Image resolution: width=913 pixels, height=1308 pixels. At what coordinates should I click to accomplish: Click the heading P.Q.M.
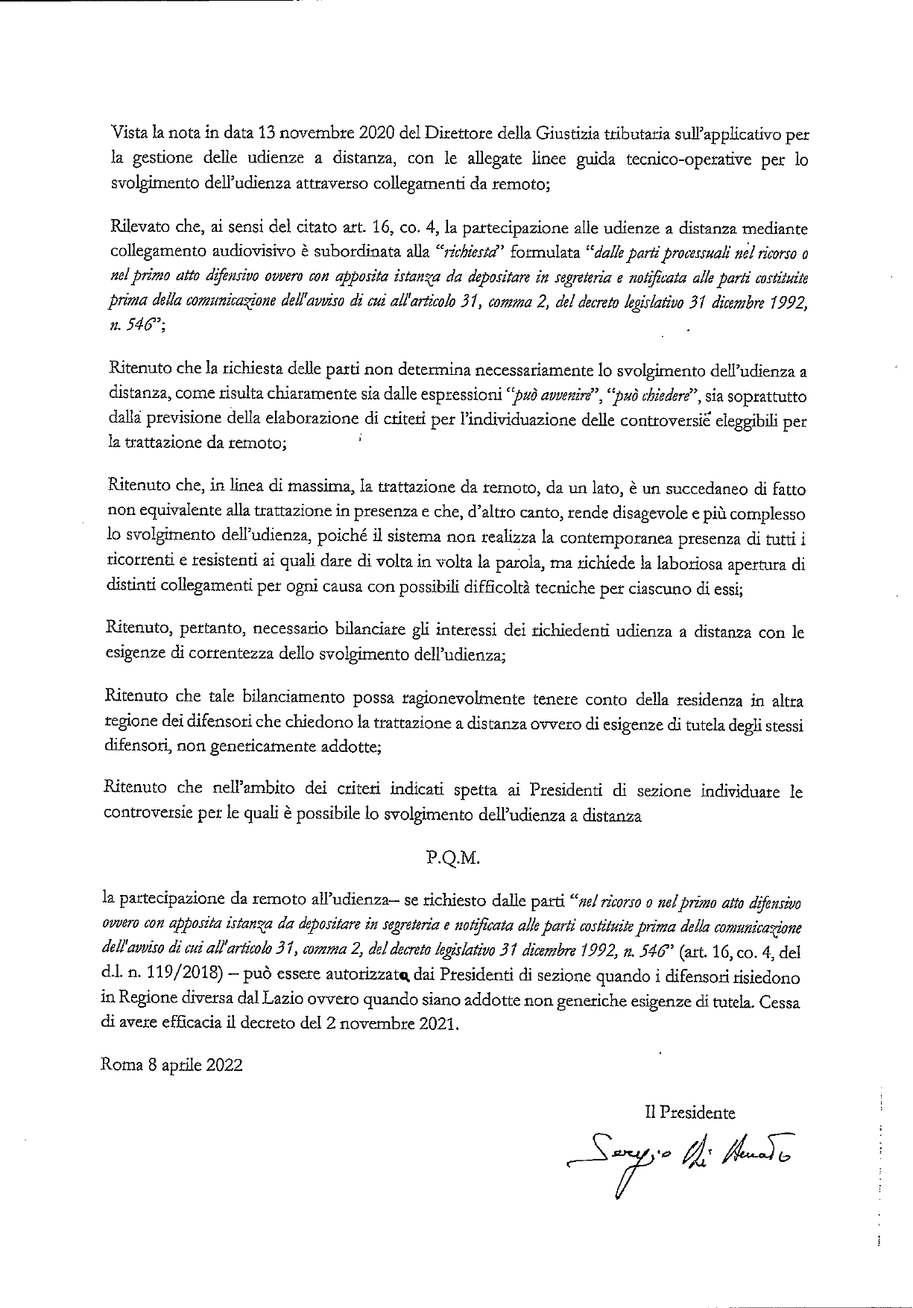pyautogui.click(x=455, y=857)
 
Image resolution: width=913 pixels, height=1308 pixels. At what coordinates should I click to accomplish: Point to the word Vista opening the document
pyautogui.click(x=129, y=135)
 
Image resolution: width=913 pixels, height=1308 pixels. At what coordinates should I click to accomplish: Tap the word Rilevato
pyautogui.click(x=136, y=228)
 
